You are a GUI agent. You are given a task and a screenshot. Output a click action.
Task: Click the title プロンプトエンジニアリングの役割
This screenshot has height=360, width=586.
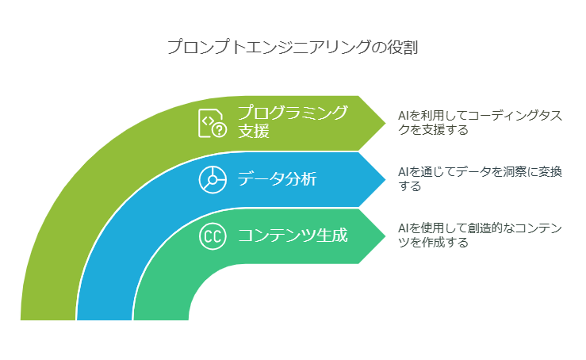click(293, 48)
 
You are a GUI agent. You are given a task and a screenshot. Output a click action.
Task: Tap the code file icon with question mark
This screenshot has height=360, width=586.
click(213, 124)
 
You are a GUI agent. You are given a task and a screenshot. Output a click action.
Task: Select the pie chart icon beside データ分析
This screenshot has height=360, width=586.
click(213, 180)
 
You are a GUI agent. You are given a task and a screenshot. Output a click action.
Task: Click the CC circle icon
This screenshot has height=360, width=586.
click(213, 236)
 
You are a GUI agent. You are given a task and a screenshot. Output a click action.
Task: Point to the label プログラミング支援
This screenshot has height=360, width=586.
click(293, 122)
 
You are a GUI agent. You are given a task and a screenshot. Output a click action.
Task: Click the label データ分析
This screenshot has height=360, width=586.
click(277, 178)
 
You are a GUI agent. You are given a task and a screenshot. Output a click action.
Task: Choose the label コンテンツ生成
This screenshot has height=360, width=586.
click(293, 236)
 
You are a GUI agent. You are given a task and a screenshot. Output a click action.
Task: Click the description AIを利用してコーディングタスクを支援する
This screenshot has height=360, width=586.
click(481, 123)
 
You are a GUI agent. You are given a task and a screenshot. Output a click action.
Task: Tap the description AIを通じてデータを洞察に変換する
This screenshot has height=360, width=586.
click(481, 178)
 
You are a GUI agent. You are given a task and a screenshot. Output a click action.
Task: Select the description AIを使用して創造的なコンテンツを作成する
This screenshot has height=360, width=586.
click(481, 236)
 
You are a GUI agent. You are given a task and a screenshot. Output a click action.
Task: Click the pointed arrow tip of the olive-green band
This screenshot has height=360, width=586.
click(385, 123)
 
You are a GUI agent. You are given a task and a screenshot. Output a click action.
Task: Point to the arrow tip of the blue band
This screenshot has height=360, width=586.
click(385, 179)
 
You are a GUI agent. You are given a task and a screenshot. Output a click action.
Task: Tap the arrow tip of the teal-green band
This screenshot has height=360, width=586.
click(385, 236)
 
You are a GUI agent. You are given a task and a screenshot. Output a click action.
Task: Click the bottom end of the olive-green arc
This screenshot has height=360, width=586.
click(48, 319)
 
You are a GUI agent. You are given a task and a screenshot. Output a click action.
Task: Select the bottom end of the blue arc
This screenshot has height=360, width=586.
click(104, 319)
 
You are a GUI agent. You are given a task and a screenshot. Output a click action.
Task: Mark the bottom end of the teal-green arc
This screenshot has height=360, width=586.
click(161, 319)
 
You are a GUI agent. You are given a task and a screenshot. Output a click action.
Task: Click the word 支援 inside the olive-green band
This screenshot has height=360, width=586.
click(254, 132)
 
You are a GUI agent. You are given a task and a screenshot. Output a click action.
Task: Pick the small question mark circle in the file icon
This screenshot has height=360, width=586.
click(220, 130)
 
